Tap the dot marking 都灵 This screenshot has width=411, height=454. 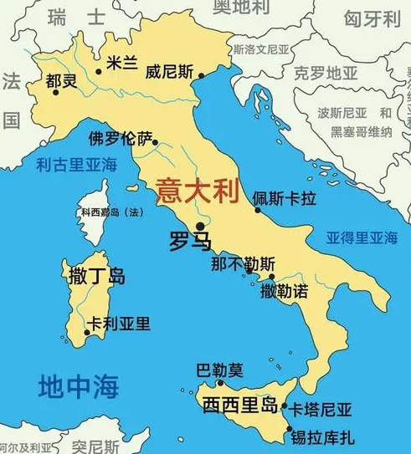pos(56,92)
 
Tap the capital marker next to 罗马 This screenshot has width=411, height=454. pos(200,226)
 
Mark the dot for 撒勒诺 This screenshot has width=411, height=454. pos(272,277)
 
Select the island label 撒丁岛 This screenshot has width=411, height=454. pos(94,273)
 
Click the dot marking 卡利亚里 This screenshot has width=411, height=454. pos(85,332)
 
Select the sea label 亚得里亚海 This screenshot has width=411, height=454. pos(362,237)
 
